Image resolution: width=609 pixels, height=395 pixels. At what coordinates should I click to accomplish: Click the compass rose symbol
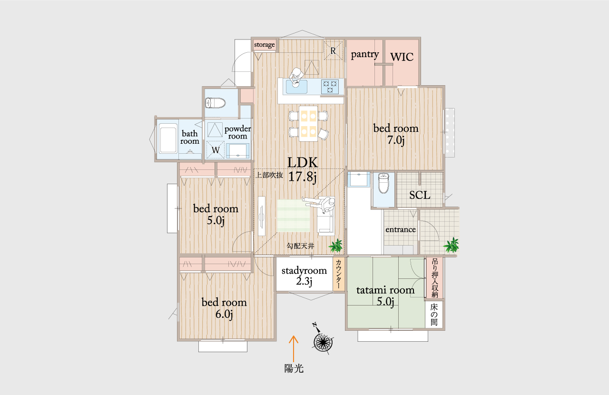point(323,341)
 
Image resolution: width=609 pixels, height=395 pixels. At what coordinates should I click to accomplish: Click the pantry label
point(364,55)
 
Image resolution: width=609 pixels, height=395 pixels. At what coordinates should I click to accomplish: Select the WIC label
point(402,57)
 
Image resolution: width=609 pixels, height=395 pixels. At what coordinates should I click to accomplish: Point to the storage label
point(264,45)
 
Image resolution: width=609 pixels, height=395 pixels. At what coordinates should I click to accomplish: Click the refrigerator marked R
point(333,50)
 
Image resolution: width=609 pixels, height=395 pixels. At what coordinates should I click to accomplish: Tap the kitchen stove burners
point(330,87)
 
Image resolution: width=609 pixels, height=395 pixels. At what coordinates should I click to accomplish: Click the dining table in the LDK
point(308,124)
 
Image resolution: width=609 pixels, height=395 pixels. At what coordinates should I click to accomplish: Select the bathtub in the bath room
point(168,138)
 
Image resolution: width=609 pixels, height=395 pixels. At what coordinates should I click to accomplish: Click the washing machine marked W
point(216,149)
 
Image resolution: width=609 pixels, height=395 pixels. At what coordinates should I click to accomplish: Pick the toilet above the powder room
point(216,103)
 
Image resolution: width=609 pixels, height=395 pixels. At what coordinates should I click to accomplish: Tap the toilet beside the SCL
point(383,183)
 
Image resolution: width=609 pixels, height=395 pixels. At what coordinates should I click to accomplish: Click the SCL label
point(420,195)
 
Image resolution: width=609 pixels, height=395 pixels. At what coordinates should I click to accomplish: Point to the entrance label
point(401,229)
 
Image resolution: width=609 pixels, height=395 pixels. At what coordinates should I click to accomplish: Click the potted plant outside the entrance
point(452,245)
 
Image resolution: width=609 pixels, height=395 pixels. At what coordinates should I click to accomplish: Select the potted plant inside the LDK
point(336,246)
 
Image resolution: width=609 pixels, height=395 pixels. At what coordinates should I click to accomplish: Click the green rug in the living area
point(294,216)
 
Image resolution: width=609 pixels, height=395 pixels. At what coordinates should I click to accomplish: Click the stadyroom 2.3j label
point(304,276)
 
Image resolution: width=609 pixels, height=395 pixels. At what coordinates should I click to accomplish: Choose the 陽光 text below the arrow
point(294,369)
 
